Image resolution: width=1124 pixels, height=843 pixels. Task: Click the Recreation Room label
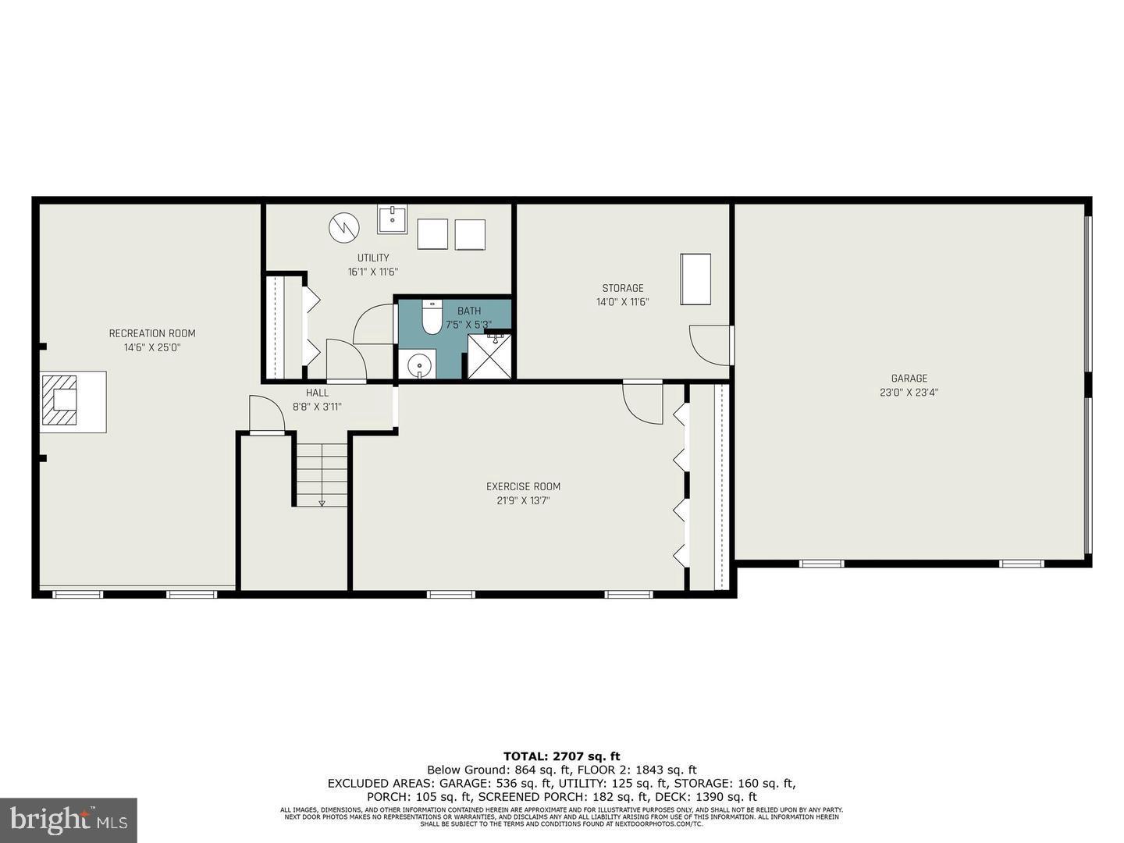tap(152, 333)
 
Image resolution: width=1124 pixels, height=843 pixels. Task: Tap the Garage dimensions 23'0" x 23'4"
tap(909, 393)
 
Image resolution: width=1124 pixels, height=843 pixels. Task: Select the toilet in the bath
tap(432, 316)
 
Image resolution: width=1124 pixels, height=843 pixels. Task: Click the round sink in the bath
tap(420, 365)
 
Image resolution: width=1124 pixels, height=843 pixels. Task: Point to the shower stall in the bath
tap(489, 357)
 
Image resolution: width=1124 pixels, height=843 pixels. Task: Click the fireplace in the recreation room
tap(61, 400)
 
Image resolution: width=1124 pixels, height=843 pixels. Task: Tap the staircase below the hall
tap(321, 474)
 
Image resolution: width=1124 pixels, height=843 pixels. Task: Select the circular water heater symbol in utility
tap(343, 227)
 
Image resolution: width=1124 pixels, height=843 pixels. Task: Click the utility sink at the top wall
tap(392, 219)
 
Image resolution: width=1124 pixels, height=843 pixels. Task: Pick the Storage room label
tap(622, 288)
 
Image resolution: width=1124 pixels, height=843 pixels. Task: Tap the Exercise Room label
tap(523, 486)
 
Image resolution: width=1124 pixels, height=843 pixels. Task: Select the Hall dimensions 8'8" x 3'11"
tap(317, 407)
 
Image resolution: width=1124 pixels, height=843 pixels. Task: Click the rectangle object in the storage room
tap(695, 279)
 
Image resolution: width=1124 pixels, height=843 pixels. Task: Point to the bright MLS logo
tap(69, 820)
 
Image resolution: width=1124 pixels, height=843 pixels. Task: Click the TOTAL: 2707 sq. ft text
tap(561, 756)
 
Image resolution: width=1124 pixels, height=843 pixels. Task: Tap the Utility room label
tap(373, 258)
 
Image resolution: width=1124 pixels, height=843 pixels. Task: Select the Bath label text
tap(469, 311)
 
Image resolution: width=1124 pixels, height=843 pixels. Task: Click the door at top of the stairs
tap(267, 414)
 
